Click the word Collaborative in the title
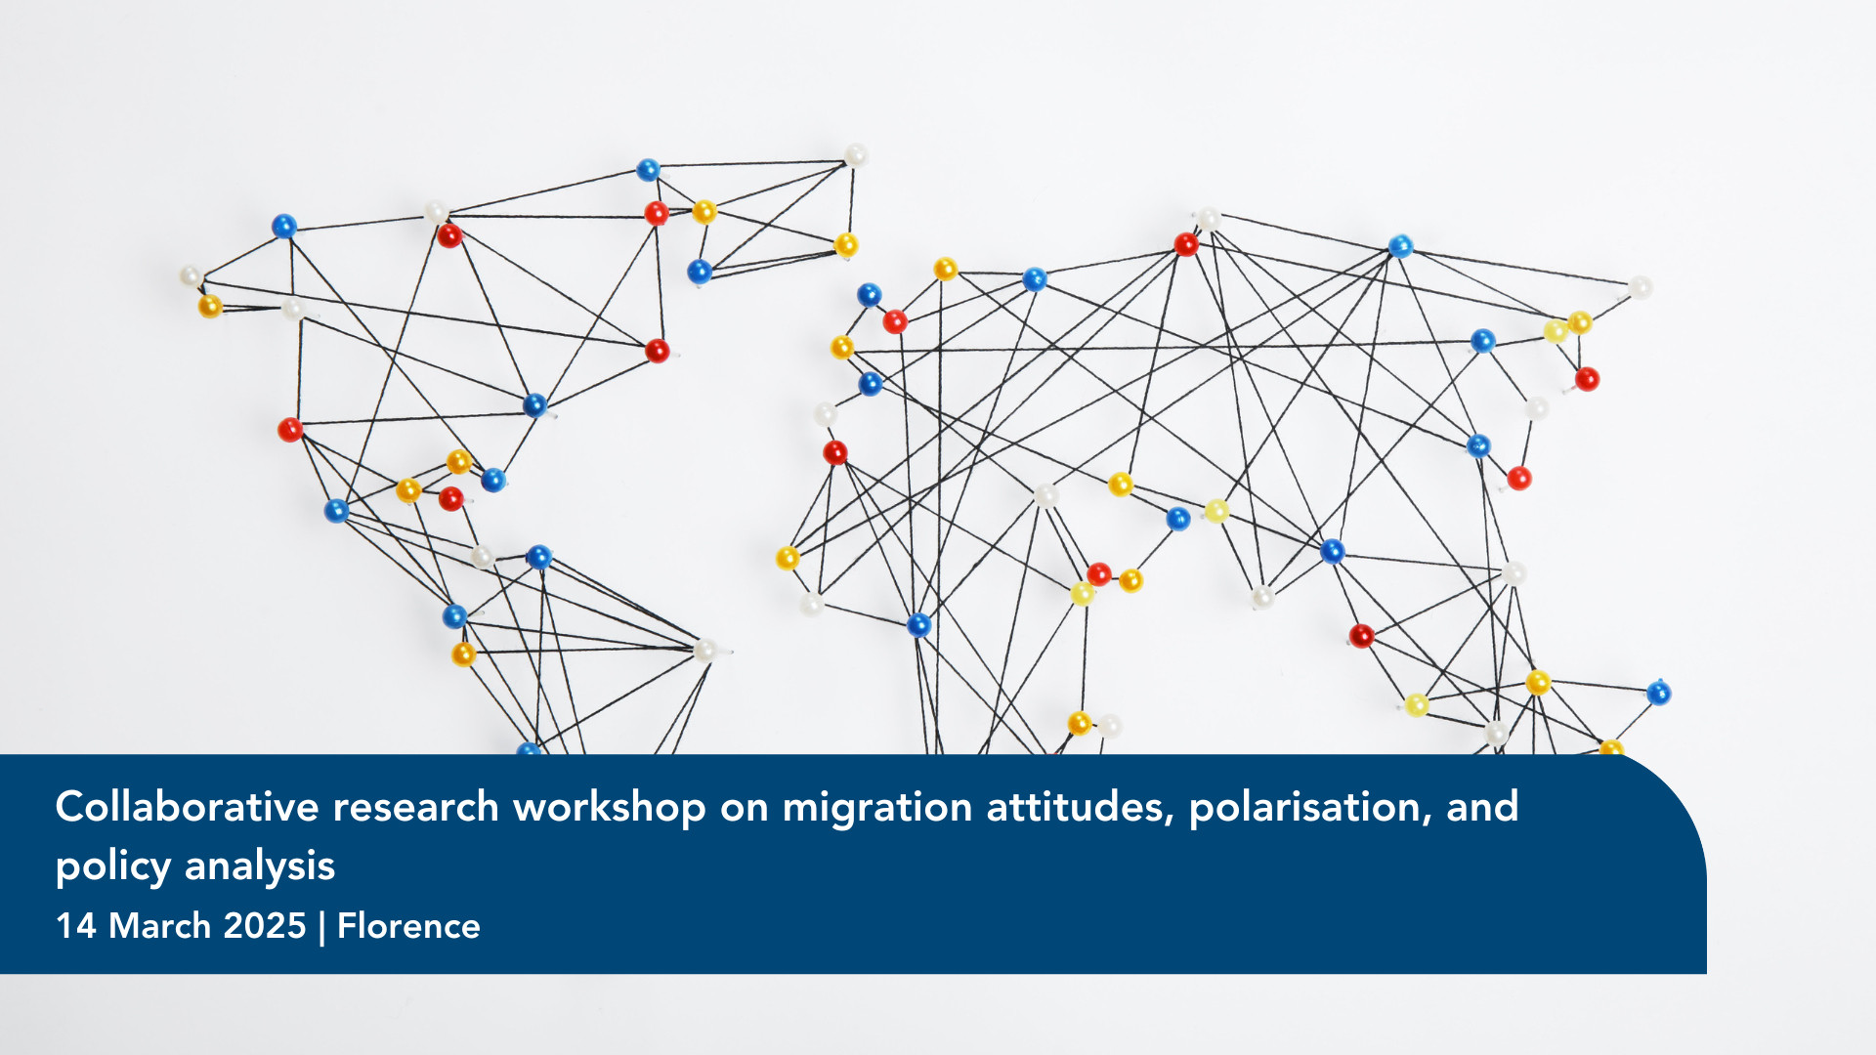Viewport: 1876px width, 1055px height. tap(188, 807)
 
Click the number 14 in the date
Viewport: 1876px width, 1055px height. tap(75, 926)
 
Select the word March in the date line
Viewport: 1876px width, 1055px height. tap(159, 926)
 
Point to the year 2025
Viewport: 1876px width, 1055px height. tap(265, 926)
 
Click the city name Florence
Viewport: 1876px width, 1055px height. tap(408, 926)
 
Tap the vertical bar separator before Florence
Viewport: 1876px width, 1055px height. tap(321, 927)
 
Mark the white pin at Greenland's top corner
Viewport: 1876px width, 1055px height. tap(856, 155)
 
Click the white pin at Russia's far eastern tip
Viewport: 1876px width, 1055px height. tap(1641, 287)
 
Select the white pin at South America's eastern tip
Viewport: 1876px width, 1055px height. tap(704, 650)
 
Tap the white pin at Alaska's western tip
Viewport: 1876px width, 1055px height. tap(191, 276)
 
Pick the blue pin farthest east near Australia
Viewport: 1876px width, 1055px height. tap(1658, 693)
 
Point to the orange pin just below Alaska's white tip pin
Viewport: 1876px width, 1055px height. tap(210, 306)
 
